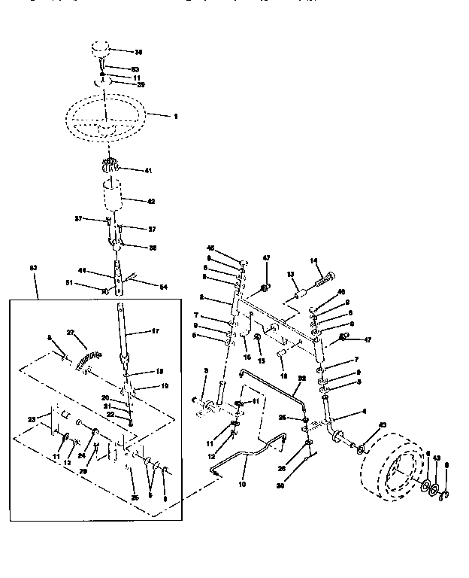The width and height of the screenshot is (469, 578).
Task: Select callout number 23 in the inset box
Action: pyautogui.click(x=32, y=420)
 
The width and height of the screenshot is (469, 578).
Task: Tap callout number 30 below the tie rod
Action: pyautogui.click(x=302, y=485)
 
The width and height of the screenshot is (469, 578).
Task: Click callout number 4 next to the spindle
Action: pyautogui.click(x=344, y=412)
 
